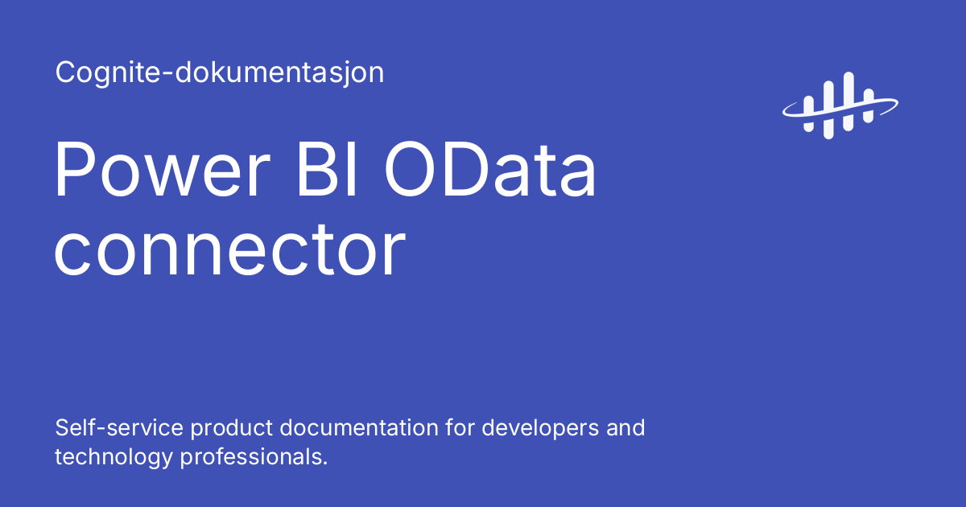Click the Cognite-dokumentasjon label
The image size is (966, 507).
point(219,73)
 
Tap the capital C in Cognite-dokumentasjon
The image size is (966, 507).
point(64,73)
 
